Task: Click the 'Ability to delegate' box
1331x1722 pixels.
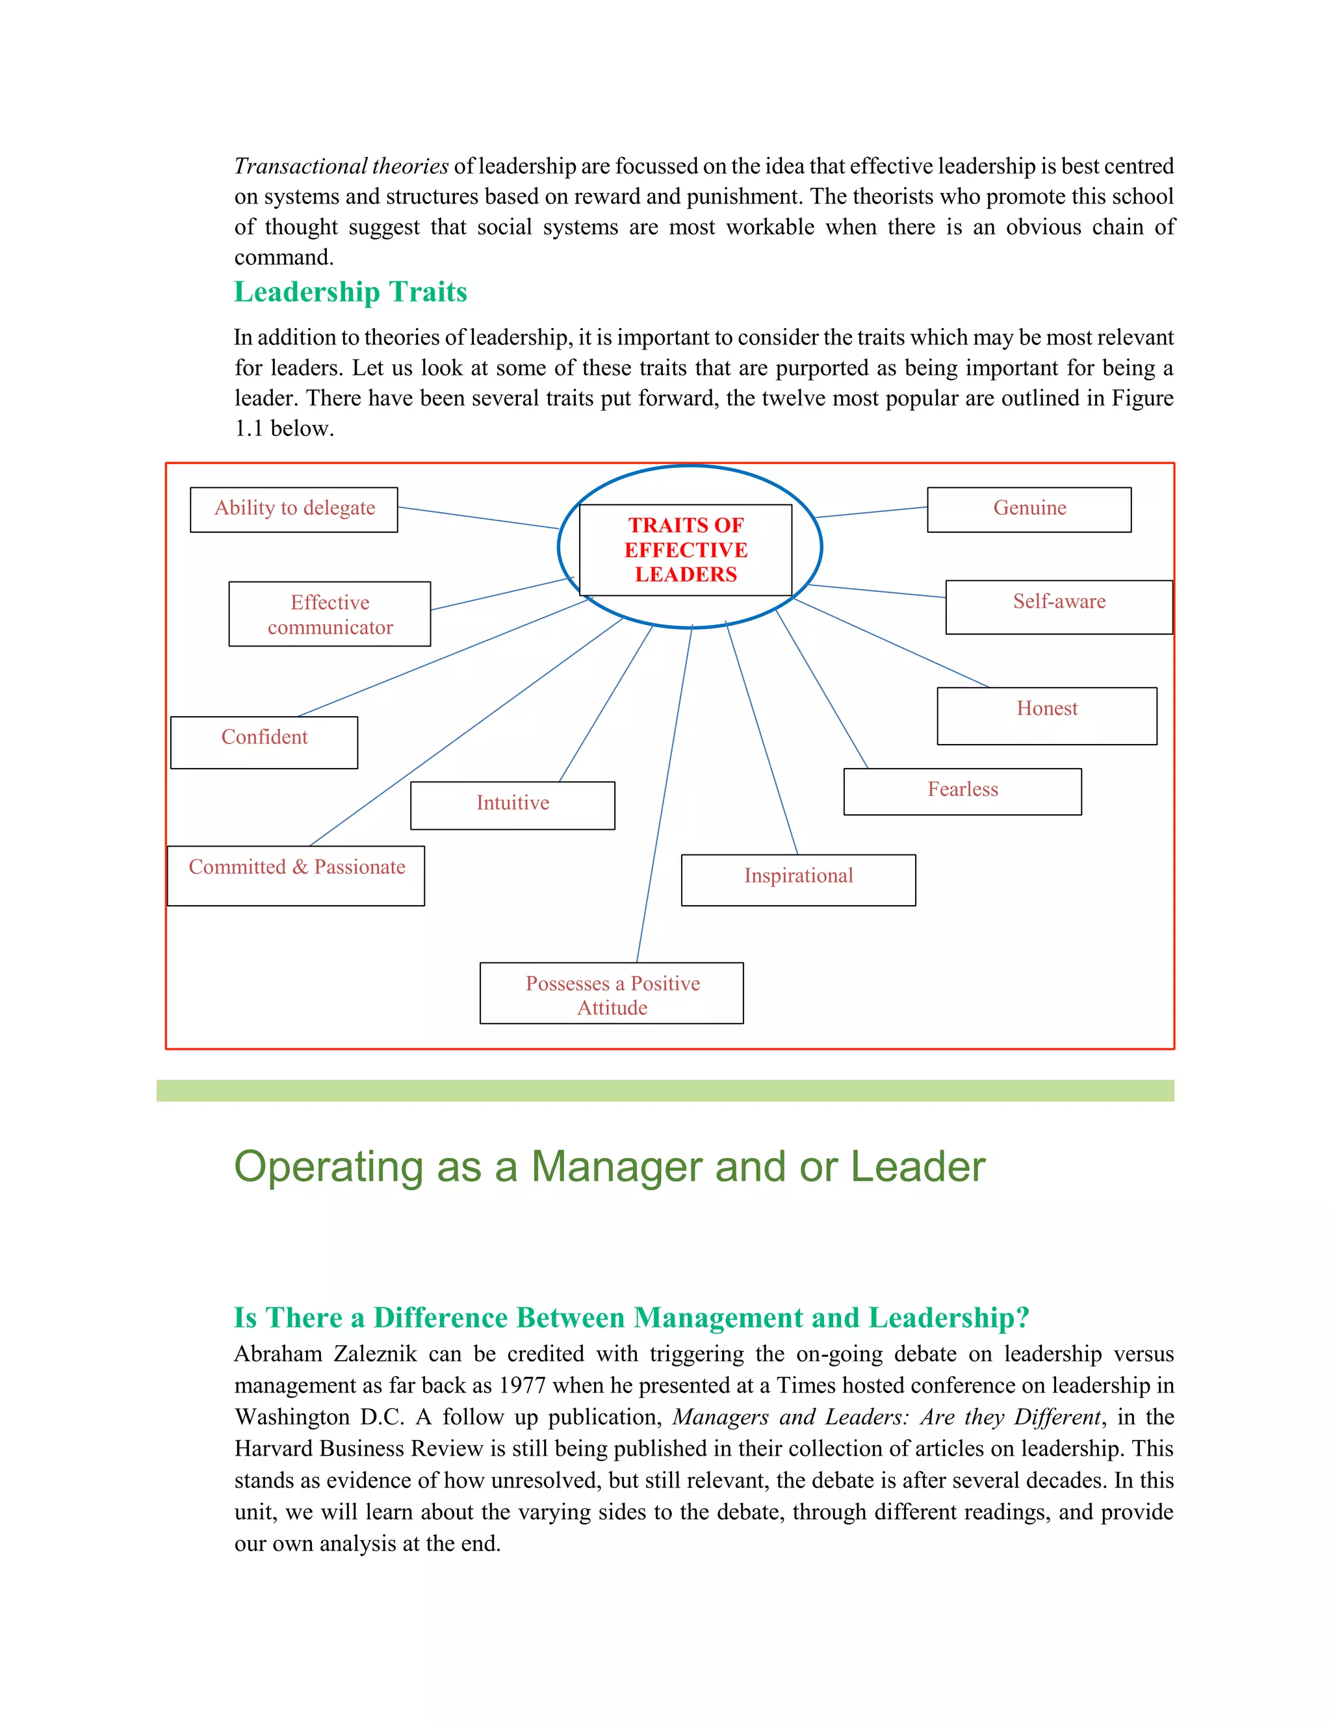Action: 294,509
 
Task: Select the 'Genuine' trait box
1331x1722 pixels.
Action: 1029,509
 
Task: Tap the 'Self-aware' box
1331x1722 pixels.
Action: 1059,606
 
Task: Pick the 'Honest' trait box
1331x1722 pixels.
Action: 1046,715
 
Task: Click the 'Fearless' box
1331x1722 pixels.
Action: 962,791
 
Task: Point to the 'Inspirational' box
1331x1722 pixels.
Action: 798,879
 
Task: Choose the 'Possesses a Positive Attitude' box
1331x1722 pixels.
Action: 612,993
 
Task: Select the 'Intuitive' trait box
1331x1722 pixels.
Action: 513,805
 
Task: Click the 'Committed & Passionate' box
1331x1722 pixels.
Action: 296,875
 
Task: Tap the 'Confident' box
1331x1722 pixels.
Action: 264,742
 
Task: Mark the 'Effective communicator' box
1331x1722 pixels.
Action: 330,614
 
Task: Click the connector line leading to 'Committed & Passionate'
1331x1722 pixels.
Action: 465,732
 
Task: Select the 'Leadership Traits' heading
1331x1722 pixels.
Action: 350,292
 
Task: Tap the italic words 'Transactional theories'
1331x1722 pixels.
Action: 341,166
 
